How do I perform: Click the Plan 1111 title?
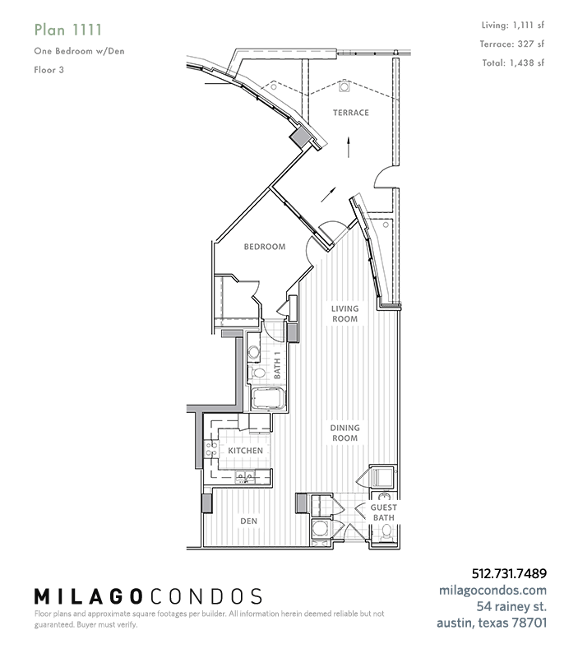[68, 30]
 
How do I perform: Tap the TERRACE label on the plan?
[351, 113]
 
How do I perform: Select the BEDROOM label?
[265, 247]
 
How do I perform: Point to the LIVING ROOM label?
[344, 313]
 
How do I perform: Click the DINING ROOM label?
[344, 433]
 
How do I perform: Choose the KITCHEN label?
[245, 451]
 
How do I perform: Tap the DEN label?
[249, 521]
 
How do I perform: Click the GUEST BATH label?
[383, 512]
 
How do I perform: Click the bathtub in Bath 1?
[268, 399]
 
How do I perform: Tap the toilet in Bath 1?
[257, 373]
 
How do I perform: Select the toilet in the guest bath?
[386, 534]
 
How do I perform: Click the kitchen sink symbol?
[244, 476]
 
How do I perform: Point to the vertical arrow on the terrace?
[349, 147]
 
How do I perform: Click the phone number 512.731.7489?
[509, 573]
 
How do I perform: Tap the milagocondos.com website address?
[492, 590]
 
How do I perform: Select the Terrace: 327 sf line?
[512, 44]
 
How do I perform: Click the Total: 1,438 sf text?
[513, 63]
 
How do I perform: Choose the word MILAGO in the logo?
[88, 596]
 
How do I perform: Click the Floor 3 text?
[49, 70]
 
